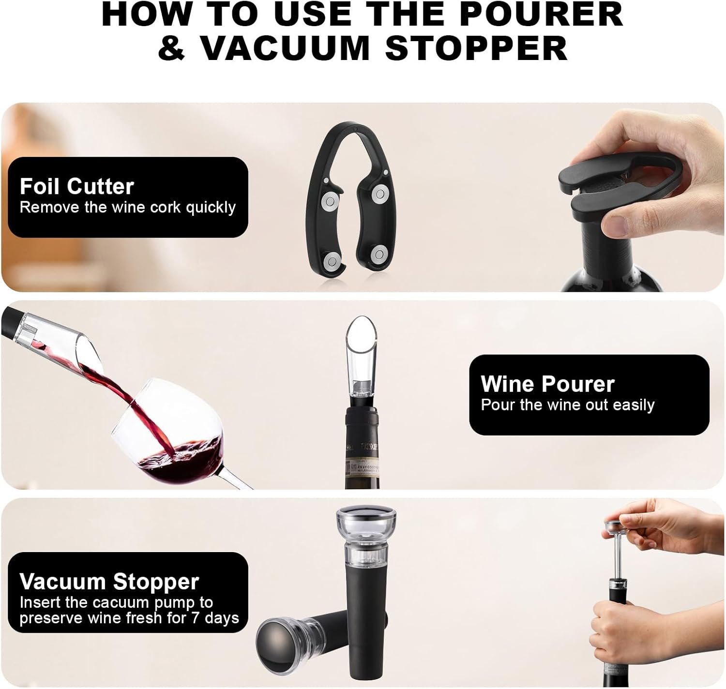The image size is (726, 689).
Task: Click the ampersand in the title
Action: pyautogui.click(x=171, y=47)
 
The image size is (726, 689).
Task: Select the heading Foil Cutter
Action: pyautogui.click(x=76, y=186)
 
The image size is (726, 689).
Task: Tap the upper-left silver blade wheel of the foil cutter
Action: pyautogui.click(x=330, y=198)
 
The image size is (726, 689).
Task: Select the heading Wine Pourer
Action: pyautogui.click(x=547, y=384)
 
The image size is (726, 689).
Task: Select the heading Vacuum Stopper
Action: pyautogui.click(x=109, y=582)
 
